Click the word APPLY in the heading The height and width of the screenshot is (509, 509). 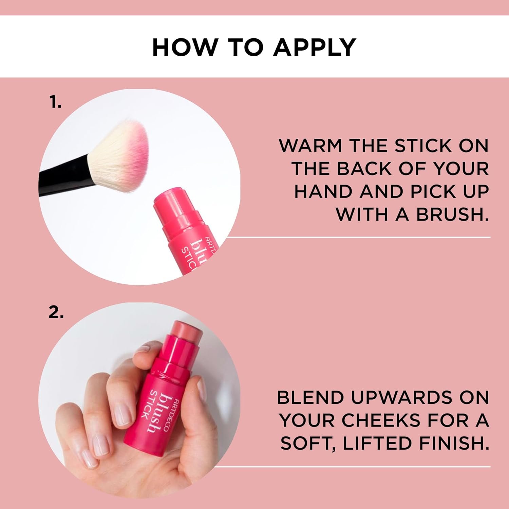[x=315, y=47]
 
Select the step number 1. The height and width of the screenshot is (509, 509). [x=55, y=102]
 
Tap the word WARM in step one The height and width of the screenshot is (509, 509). [x=310, y=146]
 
